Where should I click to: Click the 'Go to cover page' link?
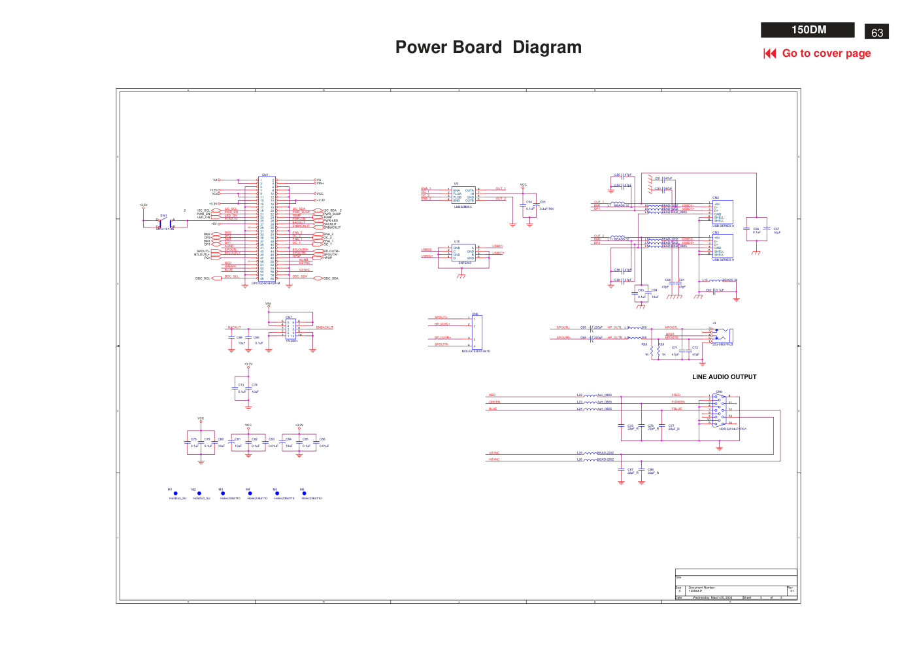pos(825,54)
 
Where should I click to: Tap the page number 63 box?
pos(876,32)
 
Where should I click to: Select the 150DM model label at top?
pos(808,30)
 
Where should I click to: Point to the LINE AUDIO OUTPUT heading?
pos(724,377)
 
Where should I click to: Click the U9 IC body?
pos(463,195)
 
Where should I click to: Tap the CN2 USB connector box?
pos(722,212)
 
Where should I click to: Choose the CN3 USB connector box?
pos(722,246)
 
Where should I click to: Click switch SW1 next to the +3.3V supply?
pos(164,222)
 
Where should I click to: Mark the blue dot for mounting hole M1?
pos(175,493)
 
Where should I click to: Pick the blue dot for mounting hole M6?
pos(304,493)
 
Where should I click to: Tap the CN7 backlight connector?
pos(291,328)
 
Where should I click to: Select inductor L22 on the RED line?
pos(590,395)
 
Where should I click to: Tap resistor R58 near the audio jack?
pos(651,351)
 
